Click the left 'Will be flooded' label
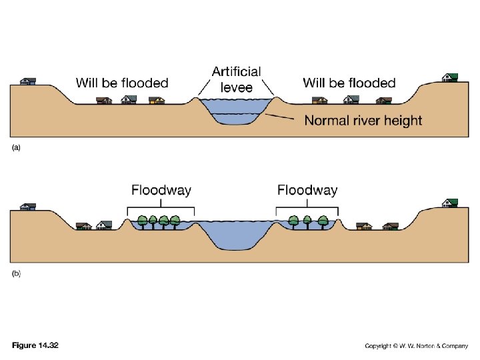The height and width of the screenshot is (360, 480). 122,83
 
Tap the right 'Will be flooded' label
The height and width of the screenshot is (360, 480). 349,83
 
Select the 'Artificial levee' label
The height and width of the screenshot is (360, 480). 236,79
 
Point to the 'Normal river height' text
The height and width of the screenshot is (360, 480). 363,121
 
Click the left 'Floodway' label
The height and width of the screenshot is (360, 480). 161,190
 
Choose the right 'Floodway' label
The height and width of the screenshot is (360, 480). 307,190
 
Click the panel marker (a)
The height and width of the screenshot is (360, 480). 16,149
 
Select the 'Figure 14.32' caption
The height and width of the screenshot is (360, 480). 35,345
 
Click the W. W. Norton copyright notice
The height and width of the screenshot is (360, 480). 416,346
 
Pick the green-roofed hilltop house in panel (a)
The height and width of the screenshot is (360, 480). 450,76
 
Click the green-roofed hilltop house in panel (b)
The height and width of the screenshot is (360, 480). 451,202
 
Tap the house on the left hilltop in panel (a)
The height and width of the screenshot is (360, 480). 27,81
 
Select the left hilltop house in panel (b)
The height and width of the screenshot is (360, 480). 27,207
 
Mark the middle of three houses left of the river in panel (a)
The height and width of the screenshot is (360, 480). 129,99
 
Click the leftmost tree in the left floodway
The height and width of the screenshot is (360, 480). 141,220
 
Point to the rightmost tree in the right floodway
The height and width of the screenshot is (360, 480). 323,220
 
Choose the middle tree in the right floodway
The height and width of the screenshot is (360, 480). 307,220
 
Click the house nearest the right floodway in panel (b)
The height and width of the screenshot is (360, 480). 364,226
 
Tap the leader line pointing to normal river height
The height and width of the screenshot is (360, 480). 281,117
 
